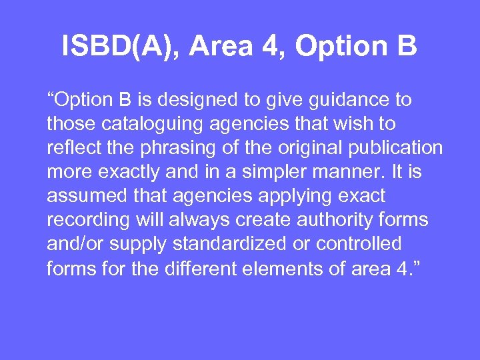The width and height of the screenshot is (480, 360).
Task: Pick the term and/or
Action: click(73, 244)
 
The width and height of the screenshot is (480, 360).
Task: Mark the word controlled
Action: click(360, 243)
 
